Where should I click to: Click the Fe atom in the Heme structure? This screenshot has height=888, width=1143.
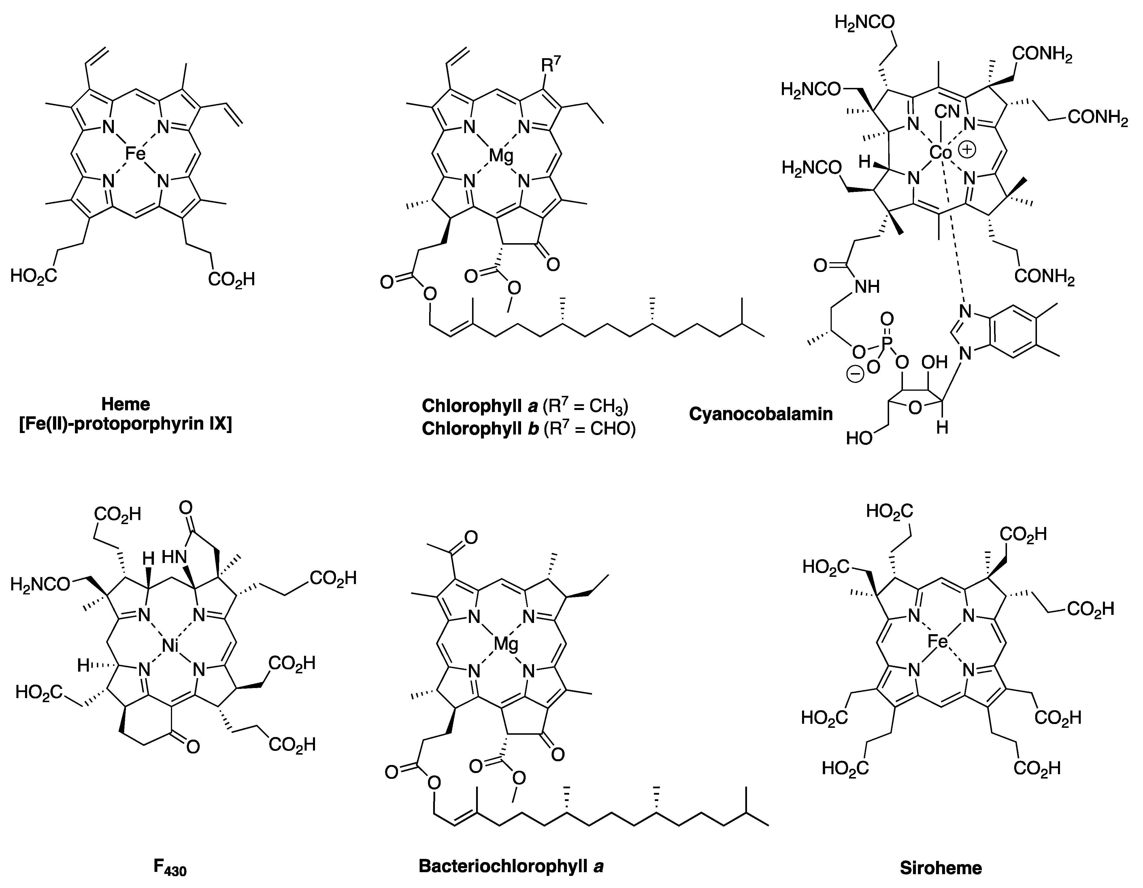(x=135, y=153)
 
